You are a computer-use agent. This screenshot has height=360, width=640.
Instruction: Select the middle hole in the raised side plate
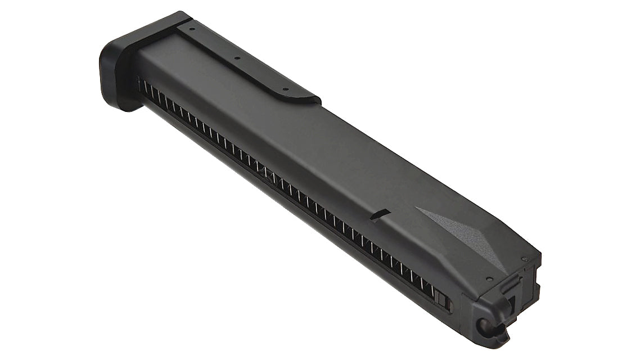[237, 57]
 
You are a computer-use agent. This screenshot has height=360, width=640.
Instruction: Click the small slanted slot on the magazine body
[381, 214]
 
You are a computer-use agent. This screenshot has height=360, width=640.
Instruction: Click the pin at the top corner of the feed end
[524, 259]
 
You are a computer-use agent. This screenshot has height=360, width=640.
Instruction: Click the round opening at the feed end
[483, 325]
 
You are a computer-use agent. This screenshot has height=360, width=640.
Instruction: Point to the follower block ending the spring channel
[443, 301]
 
